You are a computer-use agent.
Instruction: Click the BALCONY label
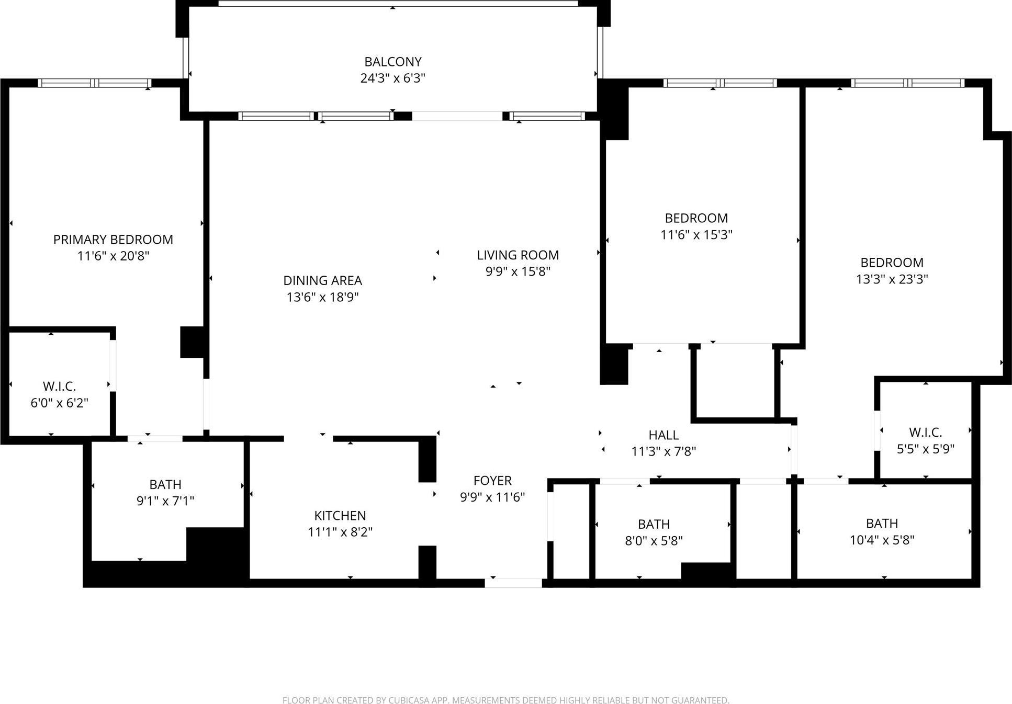click(x=392, y=62)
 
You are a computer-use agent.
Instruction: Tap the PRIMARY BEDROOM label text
click(x=113, y=240)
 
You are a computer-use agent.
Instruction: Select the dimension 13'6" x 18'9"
click(x=322, y=297)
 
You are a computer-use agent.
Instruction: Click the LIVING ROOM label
click(x=518, y=255)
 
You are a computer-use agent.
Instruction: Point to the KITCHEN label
click(x=340, y=516)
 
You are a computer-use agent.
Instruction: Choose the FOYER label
click(x=492, y=481)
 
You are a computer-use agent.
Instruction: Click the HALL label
click(x=664, y=435)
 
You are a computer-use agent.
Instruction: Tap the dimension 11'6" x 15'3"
click(x=696, y=235)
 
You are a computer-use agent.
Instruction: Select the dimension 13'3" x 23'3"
click(x=892, y=279)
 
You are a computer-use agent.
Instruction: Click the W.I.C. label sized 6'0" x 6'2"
click(x=59, y=387)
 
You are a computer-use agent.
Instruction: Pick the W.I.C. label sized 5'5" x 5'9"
click(x=925, y=433)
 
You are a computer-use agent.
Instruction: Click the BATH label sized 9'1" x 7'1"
click(x=165, y=485)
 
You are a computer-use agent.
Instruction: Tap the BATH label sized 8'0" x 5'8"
click(x=654, y=524)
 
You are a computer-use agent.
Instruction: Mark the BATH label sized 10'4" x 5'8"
click(x=882, y=524)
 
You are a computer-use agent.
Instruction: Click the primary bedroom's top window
click(x=95, y=83)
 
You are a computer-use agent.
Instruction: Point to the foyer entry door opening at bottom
click(x=513, y=583)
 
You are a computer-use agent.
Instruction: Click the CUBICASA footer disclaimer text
click(x=505, y=700)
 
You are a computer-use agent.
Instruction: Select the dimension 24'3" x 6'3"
click(x=392, y=78)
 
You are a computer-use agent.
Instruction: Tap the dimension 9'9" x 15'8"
click(x=518, y=271)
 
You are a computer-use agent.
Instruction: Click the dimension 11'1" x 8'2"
click(x=340, y=532)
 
